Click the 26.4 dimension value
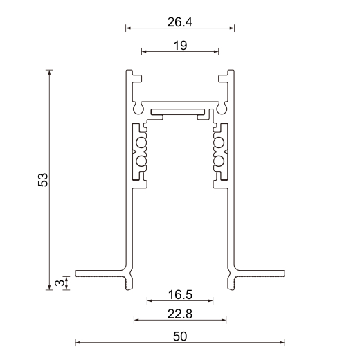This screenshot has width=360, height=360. [179, 22]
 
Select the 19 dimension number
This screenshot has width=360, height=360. [179, 45]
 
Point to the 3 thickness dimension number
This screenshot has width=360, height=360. [60, 282]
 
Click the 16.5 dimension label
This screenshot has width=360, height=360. [179, 295]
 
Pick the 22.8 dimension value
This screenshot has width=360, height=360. [179, 314]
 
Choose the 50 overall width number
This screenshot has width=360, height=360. [179, 336]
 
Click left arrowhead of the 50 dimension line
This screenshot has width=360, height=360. [78, 342]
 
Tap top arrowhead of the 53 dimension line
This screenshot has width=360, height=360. [49, 72]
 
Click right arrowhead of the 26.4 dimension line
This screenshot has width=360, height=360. [232, 28]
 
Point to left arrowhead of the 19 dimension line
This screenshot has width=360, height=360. [143, 51]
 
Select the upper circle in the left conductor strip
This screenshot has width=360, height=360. [142, 143]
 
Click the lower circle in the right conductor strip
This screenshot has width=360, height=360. [219, 161]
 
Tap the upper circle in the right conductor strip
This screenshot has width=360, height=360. [219, 143]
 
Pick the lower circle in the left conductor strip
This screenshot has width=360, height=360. [142, 161]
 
